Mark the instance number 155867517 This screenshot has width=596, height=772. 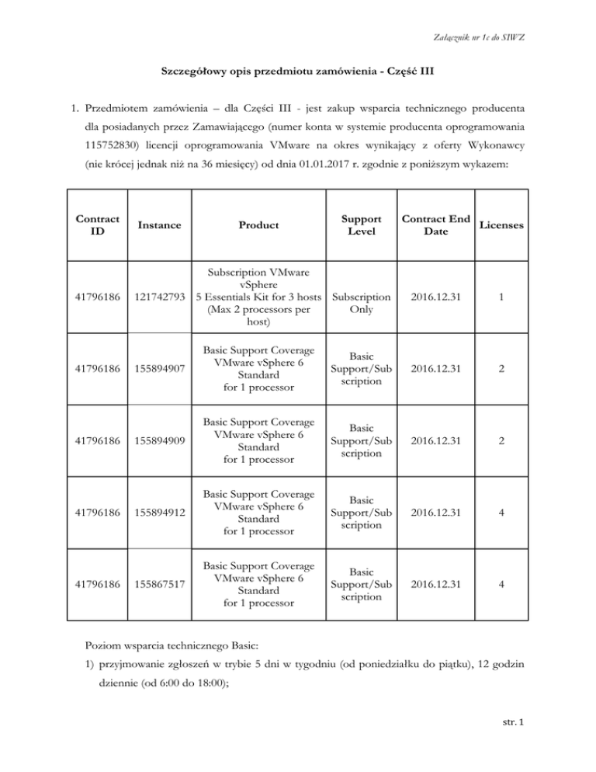coord(161,585)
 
